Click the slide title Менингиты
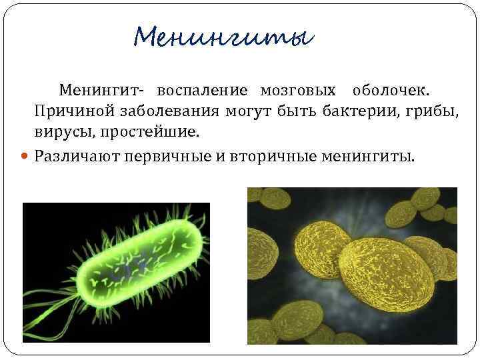223,35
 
